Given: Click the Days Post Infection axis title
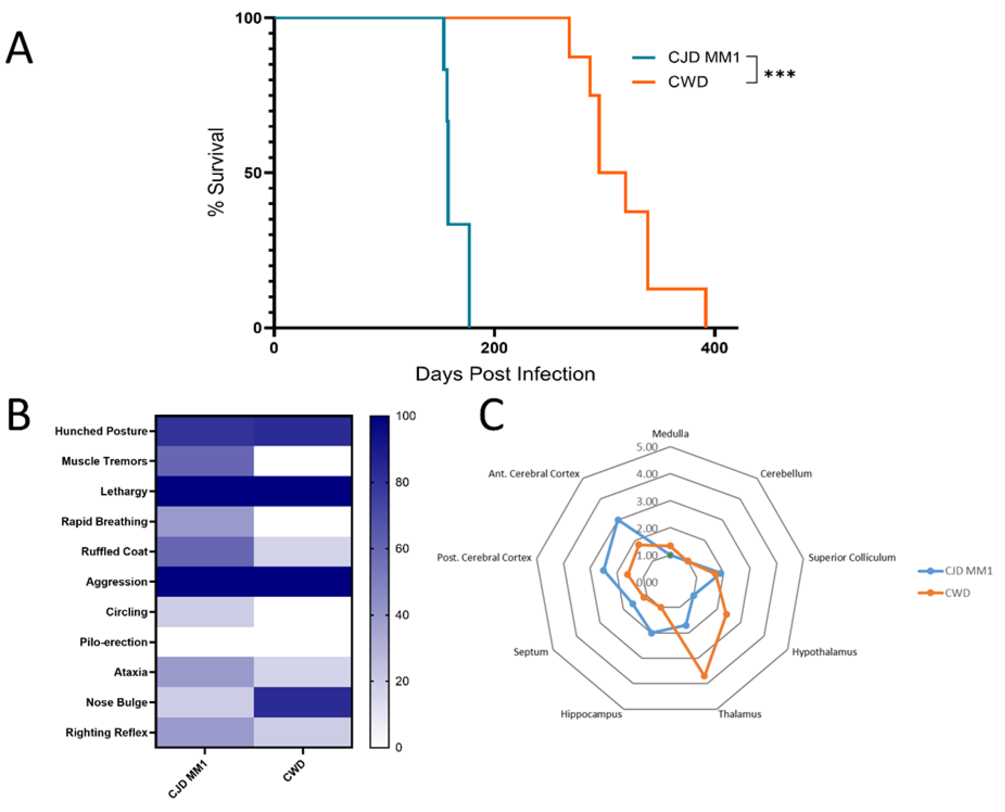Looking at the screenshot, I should coord(505,374).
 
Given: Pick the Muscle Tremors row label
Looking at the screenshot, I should coord(104,461).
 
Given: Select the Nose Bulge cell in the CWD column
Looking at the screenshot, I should coord(303,702).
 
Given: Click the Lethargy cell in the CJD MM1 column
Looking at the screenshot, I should coord(205,491).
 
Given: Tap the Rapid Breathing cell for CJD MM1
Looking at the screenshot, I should coord(205,522).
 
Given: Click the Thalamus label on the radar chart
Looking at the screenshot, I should coord(740,714).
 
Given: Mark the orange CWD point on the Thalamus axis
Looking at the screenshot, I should coord(704,676).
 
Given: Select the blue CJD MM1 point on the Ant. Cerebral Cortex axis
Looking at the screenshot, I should coord(618,520).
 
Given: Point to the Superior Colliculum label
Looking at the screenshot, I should coord(851,558).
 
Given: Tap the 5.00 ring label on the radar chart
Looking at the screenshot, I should coord(647,447).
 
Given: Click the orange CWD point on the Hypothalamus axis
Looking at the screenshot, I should coord(726,615).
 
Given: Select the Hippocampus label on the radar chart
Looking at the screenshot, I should coord(591,714).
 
